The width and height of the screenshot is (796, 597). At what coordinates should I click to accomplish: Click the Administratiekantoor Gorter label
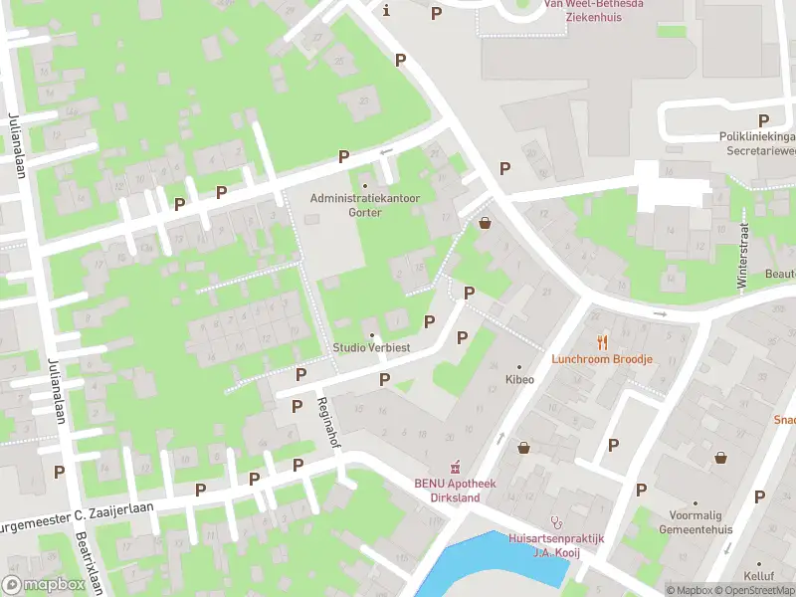click(364, 205)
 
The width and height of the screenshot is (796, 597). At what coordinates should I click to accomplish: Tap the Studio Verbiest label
click(371, 347)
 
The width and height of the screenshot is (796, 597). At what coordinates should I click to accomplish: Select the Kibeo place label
click(518, 379)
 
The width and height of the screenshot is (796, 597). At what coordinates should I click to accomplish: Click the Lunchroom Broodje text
click(602, 358)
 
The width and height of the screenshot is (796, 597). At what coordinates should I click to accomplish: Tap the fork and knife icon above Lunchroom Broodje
click(602, 341)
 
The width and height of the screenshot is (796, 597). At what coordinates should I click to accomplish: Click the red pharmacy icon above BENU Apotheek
click(457, 467)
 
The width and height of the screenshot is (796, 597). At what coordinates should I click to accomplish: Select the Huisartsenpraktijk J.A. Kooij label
click(556, 544)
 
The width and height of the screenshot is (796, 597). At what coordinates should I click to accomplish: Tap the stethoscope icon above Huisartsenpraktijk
click(557, 521)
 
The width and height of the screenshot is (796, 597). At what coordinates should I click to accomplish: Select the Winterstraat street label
click(742, 256)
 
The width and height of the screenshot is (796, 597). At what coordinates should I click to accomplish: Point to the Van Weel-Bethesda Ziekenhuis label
click(591, 10)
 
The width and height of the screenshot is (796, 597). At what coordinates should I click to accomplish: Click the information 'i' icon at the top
click(386, 11)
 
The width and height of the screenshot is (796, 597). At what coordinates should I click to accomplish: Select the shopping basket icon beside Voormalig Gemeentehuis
click(720, 457)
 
